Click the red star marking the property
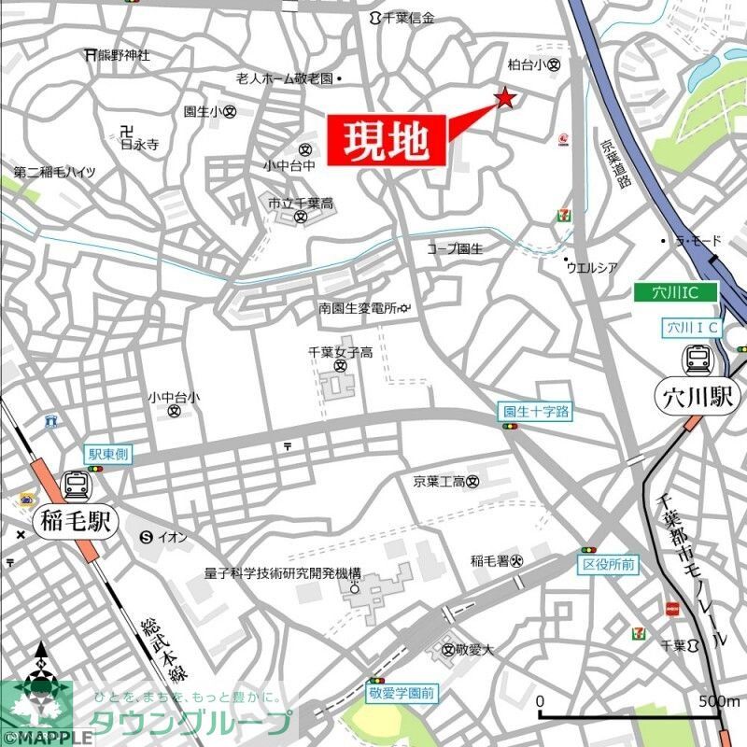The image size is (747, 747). click(505, 98)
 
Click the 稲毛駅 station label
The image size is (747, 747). click(76, 520)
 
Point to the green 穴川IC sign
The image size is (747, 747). click(676, 292)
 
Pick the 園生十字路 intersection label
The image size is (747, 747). click(535, 411)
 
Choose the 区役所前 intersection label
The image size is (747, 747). click(609, 565)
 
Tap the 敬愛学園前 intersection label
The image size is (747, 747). click(402, 695)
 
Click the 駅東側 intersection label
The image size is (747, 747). click(109, 455)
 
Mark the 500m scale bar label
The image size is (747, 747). click(718, 701)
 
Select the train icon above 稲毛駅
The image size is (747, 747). click(76, 484)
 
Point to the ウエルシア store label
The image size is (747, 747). click(592, 268)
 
